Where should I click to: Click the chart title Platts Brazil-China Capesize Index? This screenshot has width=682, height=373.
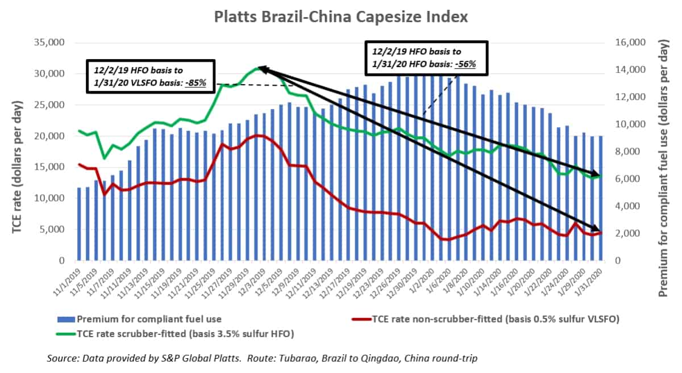click(341, 17)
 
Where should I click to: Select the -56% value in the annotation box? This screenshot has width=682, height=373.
click(464, 64)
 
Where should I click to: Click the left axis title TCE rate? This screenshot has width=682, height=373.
click(18, 152)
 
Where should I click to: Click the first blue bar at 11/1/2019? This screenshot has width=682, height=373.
click(79, 224)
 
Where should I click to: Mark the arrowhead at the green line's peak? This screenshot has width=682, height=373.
click(262, 69)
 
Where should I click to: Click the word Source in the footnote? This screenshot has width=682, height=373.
click(62, 358)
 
